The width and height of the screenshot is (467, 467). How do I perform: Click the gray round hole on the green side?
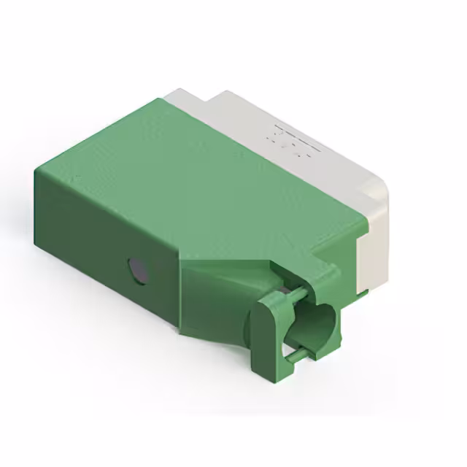point(137,270)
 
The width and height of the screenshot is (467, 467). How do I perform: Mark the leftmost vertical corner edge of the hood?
point(37,204)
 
